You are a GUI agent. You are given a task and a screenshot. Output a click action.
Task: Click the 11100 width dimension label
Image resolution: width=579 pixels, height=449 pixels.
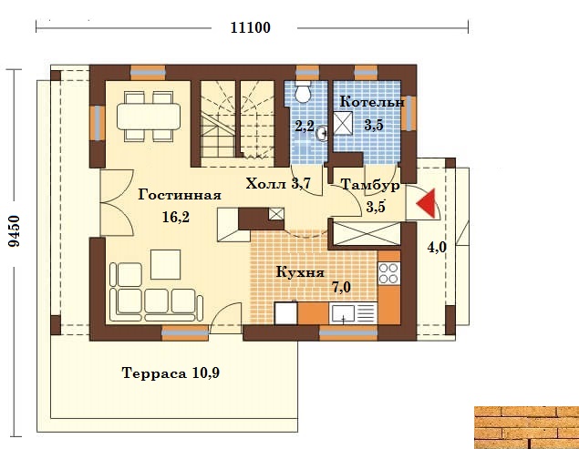(251, 27)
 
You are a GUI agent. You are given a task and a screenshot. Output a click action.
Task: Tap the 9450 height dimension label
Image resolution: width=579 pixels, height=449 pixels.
(16, 231)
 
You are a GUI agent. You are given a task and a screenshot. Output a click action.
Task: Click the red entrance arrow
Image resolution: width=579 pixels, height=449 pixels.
(427, 203)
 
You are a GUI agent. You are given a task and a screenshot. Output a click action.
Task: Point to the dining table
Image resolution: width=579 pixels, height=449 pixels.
(149, 117)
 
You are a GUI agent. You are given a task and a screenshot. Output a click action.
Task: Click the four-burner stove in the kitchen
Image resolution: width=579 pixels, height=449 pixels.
(388, 273)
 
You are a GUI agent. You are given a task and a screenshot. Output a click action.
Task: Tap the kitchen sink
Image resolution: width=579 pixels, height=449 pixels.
(343, 313)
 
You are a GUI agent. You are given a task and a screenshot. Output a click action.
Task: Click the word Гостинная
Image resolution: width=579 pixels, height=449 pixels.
(180, 195)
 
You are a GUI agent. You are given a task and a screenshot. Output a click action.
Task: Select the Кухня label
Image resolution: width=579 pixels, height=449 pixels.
(300, 273)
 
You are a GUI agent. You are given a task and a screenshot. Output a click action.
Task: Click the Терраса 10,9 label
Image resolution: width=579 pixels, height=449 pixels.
(171, 373)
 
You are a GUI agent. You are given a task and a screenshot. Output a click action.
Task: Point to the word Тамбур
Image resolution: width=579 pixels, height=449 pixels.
(370, 185)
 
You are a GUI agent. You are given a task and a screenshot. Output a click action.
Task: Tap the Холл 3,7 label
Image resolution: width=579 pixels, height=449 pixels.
(278, 183)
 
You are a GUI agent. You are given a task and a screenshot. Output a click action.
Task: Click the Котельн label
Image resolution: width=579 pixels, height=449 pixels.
(372, 102)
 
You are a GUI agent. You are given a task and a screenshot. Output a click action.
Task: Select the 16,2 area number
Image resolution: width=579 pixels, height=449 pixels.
(176, 217)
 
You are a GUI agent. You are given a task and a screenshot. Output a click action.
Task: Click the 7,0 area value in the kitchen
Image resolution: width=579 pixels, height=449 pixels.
(341, 287)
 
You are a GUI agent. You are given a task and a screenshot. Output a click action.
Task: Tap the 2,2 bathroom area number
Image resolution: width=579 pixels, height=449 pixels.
(305, 127)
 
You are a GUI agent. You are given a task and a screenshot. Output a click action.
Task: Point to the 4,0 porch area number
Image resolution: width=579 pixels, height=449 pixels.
(437, 247)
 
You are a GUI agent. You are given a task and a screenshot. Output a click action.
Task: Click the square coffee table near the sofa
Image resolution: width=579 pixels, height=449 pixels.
(165, 264)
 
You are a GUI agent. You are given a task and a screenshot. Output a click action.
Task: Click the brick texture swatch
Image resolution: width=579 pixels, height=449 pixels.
(526, 428)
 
